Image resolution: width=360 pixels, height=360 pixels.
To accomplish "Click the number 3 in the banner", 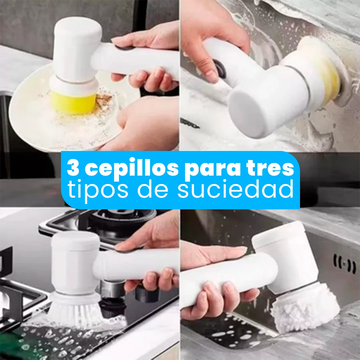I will coord(74,169).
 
